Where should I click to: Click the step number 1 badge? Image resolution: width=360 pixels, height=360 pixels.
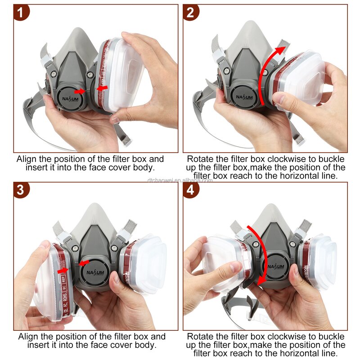tap(21, 12)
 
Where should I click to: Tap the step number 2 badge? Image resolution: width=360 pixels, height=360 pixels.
tap(191, 12)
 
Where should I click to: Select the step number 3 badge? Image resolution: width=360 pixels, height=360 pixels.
tap(21, 189)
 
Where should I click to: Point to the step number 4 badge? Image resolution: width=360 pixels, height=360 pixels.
tap(191, 189)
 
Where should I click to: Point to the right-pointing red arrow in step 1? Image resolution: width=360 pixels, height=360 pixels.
tap(80, 91)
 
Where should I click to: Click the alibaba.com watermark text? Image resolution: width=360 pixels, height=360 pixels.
tap(180, 180)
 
